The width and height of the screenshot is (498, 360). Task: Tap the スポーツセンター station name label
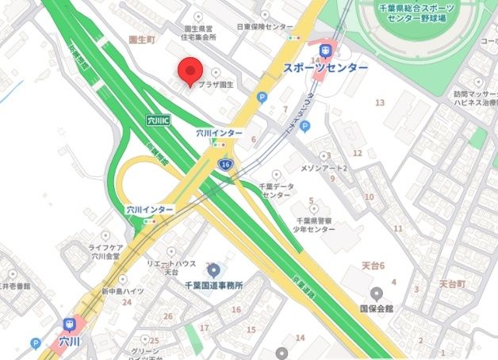(325, 69)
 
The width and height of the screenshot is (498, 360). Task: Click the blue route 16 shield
(227, 163)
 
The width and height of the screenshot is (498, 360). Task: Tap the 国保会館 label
(377, 306)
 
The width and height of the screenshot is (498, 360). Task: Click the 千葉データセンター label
(277, 190)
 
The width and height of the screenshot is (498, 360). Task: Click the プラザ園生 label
(216, 85)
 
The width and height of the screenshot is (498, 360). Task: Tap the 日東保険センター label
(265, 26)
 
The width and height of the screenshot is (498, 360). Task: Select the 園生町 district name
(144, 37)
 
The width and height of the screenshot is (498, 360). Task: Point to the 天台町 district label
(455, 282)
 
